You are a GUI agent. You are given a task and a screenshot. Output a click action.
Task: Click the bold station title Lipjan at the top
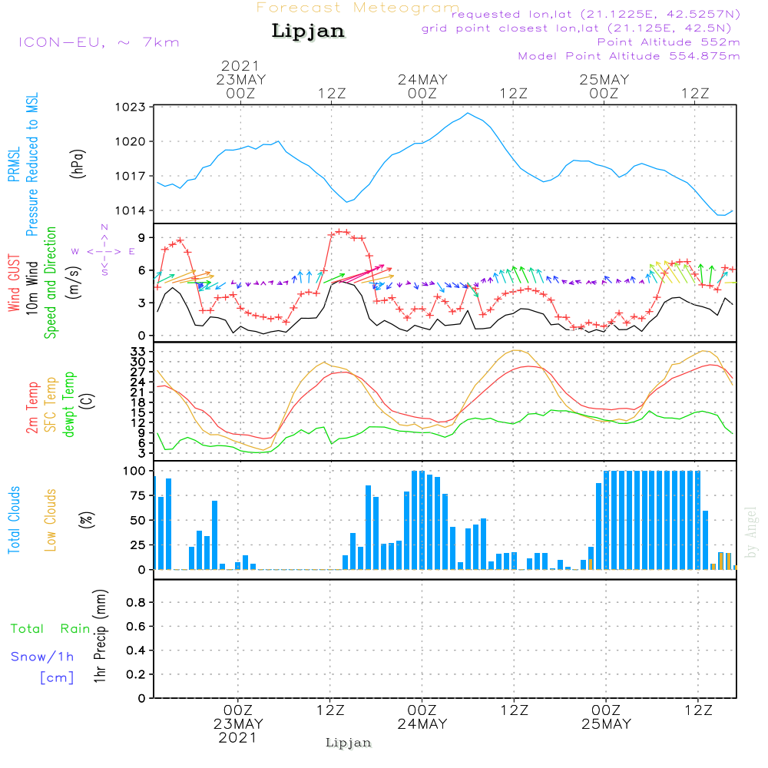[308, 31]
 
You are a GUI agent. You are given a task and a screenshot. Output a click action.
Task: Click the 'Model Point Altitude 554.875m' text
[629, 56]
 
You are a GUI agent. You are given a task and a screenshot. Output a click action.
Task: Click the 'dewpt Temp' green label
[68, 405]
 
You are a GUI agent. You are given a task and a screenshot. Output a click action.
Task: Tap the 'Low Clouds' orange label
[51, 519]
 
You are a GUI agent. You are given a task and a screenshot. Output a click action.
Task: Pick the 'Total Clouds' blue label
[14, 519]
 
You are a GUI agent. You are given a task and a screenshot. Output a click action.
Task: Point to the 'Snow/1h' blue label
[42, 657]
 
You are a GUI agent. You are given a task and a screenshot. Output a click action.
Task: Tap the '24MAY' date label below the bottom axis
[422, 724]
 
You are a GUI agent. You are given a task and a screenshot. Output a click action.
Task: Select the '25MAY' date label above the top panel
[604, 80]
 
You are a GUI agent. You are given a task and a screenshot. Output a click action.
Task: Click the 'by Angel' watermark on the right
[751, 532]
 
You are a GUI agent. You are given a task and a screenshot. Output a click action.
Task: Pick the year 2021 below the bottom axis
[238, 737]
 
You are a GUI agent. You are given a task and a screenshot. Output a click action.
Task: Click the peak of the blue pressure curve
[467, 114]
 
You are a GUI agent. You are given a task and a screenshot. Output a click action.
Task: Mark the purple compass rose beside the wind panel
[104, 250]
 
